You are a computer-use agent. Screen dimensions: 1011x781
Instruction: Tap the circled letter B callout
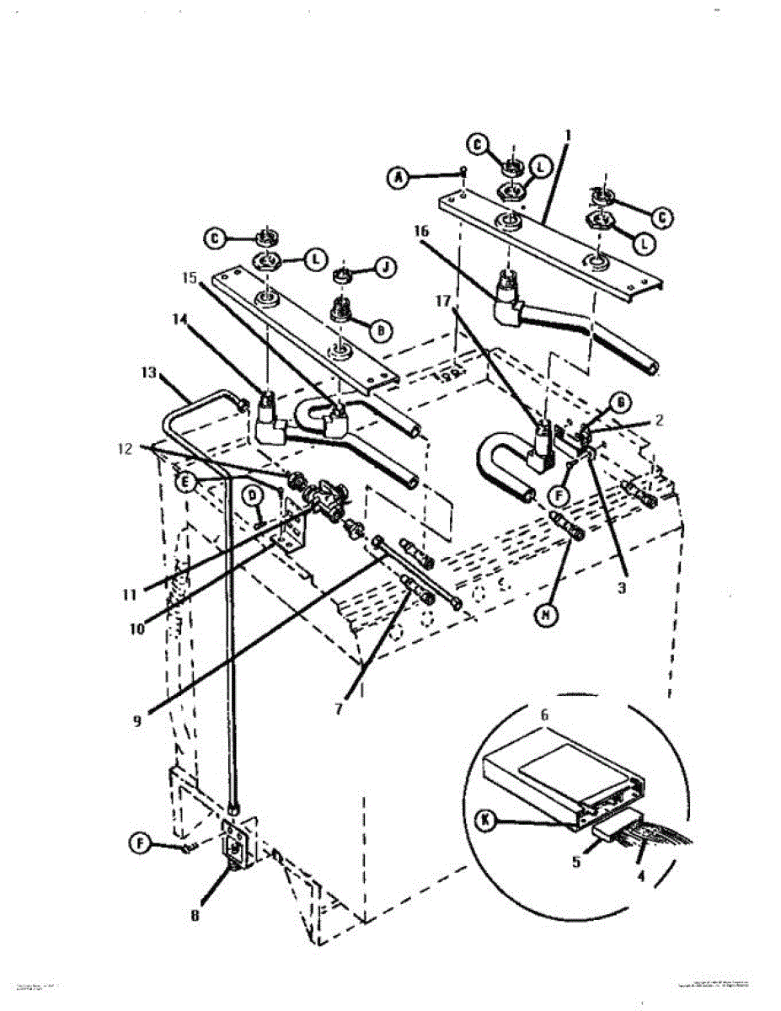[381, 331]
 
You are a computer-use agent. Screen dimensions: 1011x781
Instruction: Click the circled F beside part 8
[142, 841]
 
